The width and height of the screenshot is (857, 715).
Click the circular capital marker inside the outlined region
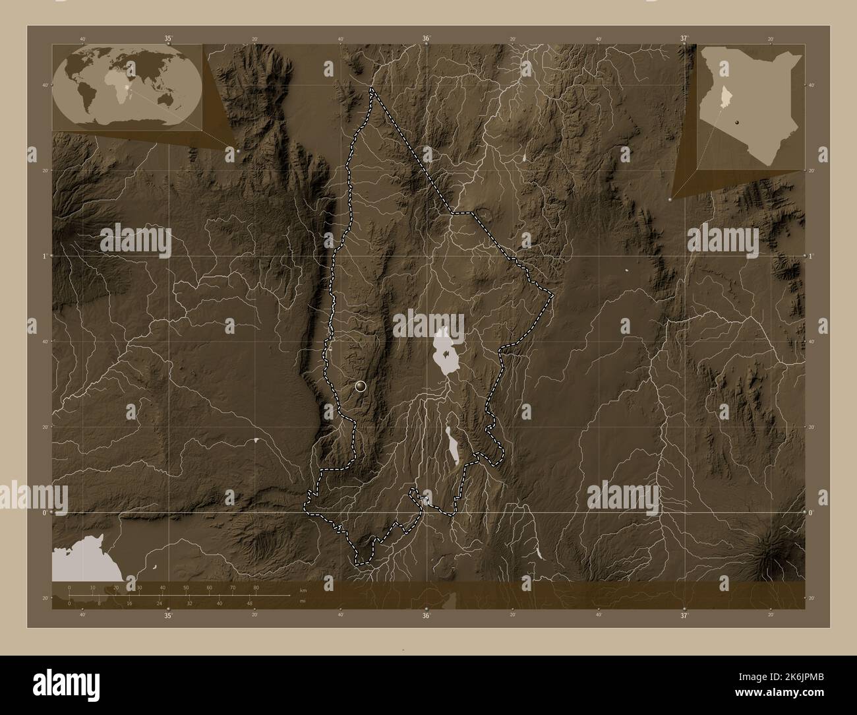click(360, 387)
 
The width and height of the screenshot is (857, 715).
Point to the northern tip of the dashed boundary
click(372, 89)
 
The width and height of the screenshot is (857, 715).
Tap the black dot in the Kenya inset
click(736, 123)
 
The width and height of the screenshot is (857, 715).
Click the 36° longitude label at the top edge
click(427, 39)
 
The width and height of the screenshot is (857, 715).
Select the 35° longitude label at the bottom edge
click(168, 615)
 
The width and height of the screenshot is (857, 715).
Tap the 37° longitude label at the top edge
click(684, 39)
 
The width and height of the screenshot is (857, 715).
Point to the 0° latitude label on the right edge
click(812, 512)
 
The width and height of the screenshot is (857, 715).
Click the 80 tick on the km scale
click(256, 587)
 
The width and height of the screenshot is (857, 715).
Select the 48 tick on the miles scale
click(250, 603)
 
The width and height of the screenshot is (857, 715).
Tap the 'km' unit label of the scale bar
click(303, 589)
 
